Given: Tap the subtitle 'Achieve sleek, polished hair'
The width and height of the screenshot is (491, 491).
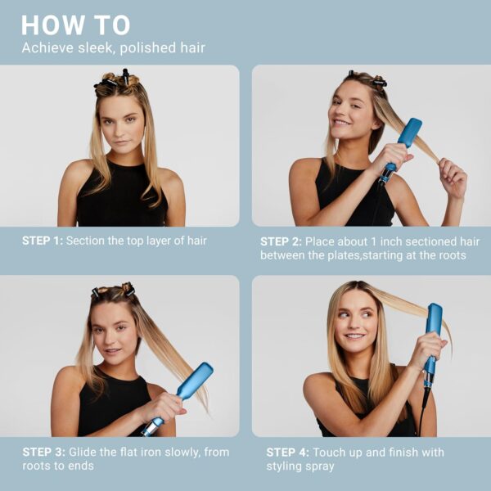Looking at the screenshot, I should tap(113, 48).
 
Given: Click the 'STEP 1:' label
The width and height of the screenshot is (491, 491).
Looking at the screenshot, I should tap(42, 241).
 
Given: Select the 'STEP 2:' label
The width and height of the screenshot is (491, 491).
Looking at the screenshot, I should tap(281, 241).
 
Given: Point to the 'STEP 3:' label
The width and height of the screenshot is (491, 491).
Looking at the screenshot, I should tap(42, 452).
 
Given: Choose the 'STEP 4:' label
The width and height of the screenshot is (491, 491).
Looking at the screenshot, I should tap(287, 452).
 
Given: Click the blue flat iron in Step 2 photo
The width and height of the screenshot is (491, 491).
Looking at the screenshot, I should tap(405, 139).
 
